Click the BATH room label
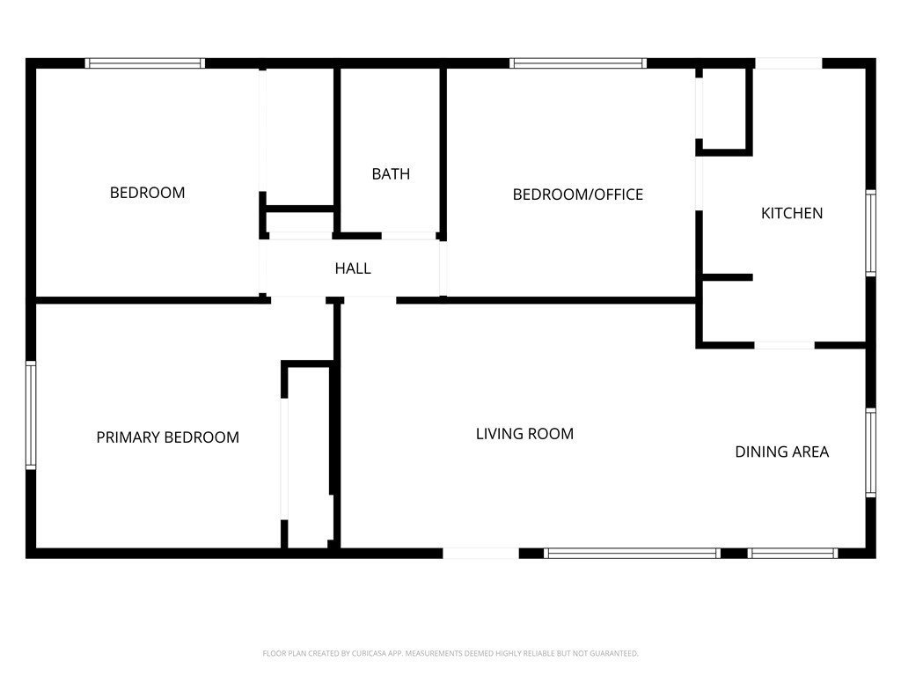[391, 173]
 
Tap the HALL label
[353, 268]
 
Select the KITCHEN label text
[792, 213]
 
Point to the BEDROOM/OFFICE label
[577, 195]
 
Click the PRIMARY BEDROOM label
[168, 437]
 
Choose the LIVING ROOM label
[524, 433]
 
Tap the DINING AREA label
[782, 452]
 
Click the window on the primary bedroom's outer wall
[31, 415]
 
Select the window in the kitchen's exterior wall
[870, 232]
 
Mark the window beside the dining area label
[870, 452]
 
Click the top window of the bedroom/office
[577, 63]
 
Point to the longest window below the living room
[632, 553]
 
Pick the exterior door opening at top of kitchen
[788, 63]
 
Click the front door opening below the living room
[481, 553]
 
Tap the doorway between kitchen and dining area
[784, 345]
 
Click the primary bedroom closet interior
[309, 458]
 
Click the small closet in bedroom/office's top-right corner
[724, 108]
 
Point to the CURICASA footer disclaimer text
[450, 653]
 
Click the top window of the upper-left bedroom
[145, 63]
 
